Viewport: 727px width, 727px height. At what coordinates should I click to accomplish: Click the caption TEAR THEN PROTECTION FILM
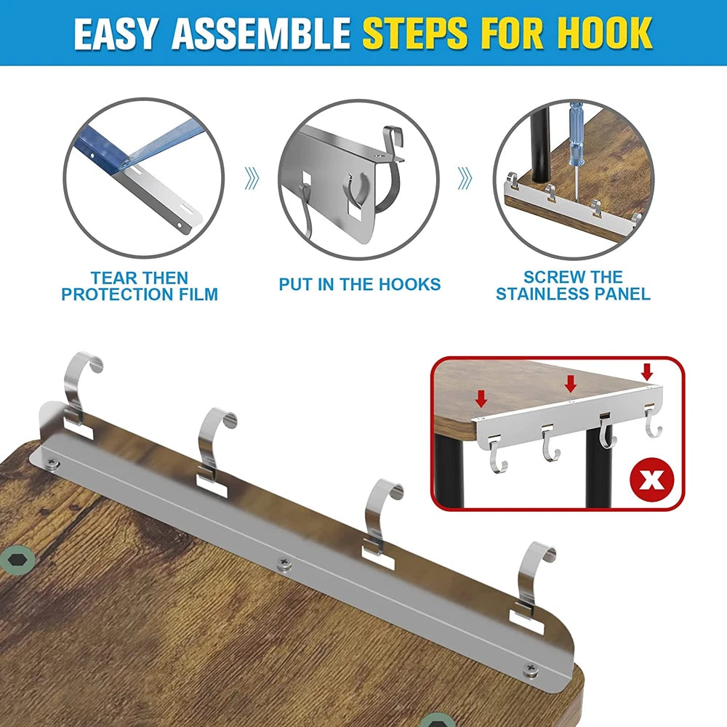click(x=140, y=286)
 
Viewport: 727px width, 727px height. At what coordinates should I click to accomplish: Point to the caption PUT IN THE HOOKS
click(x=359, y=284)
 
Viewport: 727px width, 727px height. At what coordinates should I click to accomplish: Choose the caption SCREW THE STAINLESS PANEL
click(x=573, y=286)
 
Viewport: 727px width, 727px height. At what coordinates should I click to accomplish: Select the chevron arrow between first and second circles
click(x=252, y=177)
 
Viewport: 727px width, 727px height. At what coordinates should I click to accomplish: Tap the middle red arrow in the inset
click(x=571, y=382)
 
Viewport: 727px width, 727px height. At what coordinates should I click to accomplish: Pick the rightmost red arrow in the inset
click(x=647, y=371)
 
